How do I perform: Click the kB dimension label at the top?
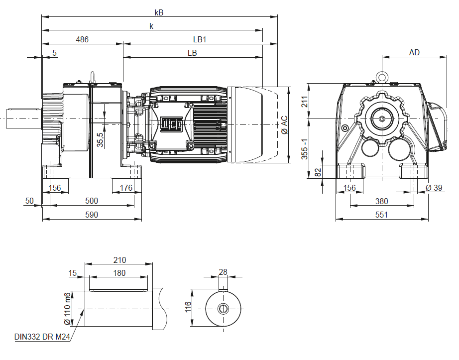click(x=159, y=12)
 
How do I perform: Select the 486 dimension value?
click(x=82, y=39)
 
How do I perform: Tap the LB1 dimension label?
click(x=200, y=39)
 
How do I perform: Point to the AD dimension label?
click(x=414, y=52)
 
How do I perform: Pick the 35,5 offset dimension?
click(x=100, y=140)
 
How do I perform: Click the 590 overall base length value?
click(x=92, y=215)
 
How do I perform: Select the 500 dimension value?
click(x=92, y=201)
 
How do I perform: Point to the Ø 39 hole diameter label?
click(x=435, y=188)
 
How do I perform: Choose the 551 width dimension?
click(x=381, y=215)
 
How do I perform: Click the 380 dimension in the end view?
click(x=381, y=201)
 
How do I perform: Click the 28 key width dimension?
click(x=223, y=272)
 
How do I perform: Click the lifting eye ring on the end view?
click(x=382, y=77)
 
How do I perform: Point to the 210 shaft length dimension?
click(x=119, y=259)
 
